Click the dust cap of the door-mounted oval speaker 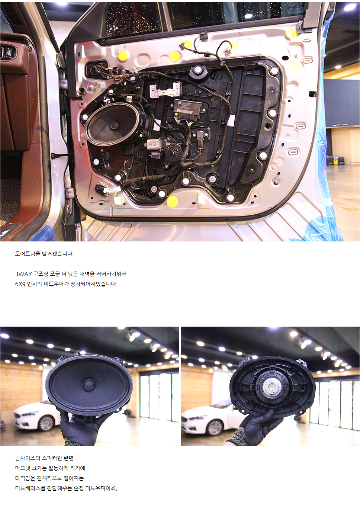click(x=115, y=125)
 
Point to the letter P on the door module click(x=196, y=106)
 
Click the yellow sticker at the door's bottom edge click(x=172, y=201)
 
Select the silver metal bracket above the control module click(x=165, y=90)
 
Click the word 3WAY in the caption click(x=23, y=274)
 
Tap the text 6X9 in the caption click(x=20, y=284)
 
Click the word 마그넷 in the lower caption click(x=22, y=468)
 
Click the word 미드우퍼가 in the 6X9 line click(x=56, y=284)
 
